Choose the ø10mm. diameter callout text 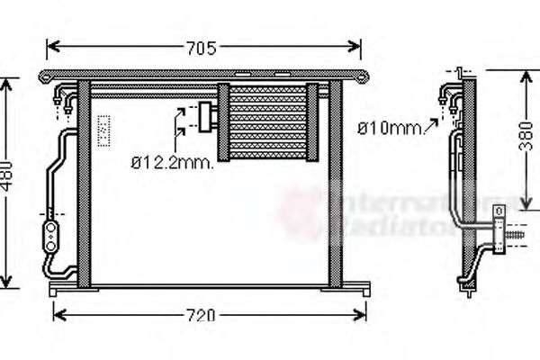390,129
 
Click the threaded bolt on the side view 517,238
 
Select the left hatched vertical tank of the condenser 84,184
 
